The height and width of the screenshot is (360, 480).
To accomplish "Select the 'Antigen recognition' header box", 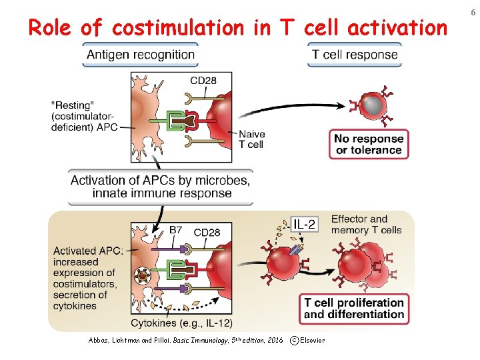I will (x=140, y=55).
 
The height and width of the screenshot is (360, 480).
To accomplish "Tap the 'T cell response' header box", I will (x=354, y=55).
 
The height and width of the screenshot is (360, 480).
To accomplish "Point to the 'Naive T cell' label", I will (x=251, y=139).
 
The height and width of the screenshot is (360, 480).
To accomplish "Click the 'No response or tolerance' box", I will (x=369, y=144).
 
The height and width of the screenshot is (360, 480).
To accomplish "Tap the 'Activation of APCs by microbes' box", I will (x=161, y=187).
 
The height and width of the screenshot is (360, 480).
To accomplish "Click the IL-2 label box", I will (x=303, y=225).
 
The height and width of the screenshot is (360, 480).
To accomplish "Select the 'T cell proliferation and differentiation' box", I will (x=354, y=308).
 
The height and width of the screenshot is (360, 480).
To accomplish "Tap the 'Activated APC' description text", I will (x=85, y=278).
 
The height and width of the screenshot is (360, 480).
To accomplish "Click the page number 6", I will (x=471, y=11).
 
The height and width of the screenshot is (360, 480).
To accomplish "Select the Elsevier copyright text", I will (x=308, y=341).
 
